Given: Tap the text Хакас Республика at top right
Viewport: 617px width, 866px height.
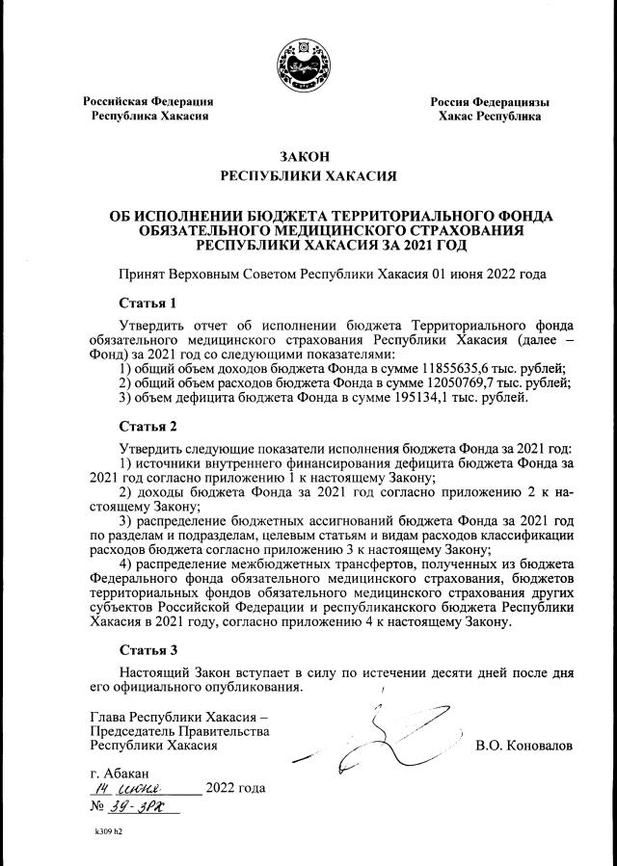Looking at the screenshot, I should (x=489, y=116).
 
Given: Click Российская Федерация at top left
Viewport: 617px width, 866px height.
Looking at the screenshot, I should (x=148, y=101).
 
